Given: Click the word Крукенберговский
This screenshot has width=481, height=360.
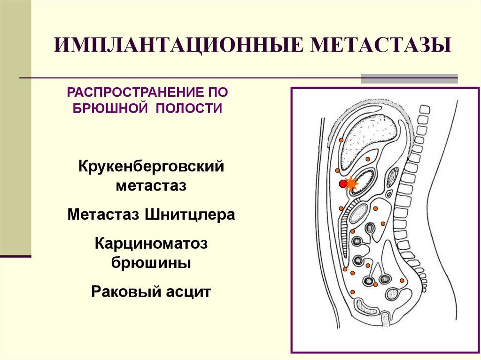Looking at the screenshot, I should click(151, 167).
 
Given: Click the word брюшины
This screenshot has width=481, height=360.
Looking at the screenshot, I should click(151, 262).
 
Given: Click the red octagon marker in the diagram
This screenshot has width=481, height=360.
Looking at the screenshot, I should click(343, 184).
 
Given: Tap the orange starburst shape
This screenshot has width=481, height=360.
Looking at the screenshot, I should click(351, 184).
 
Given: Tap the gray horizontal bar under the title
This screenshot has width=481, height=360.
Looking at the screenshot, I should click(409, 78).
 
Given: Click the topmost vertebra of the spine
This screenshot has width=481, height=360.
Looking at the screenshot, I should click(424, 110).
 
